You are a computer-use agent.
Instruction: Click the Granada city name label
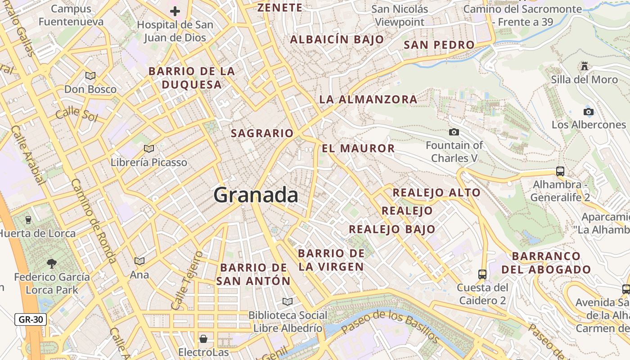click(x=256, y=195)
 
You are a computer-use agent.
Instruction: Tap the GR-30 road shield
click(x=31, y=320)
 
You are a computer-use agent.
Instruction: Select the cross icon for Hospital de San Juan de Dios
click(x=175, y=11)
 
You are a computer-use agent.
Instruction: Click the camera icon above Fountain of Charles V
click(x=454, y=132)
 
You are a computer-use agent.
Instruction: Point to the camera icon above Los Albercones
click(x=588, y=112)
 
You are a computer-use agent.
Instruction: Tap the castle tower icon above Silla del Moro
click(x=585, y=66)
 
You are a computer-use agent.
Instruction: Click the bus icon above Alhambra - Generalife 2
click(x=560, y=171)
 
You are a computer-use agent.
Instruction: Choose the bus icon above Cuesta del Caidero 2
click(x=482, y=274)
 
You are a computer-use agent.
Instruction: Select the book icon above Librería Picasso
click(x=148, y=148)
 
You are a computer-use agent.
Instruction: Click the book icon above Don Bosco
click(x=90, y=76)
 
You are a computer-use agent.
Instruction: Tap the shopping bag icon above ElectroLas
click(x=203, y=338)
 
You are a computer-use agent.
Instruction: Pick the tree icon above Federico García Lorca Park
click(x=52, y=263)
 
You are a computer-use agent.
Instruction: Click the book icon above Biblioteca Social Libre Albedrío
click(x=288, y=301)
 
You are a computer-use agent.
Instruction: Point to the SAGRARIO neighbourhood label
click(x=262, y=133)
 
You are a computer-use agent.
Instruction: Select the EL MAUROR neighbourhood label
click(x=358, y=148)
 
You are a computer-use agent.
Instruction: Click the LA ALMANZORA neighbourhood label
click(x=368, y=99)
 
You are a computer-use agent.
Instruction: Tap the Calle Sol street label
click(x=76, y=114)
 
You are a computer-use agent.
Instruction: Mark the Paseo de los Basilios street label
click(x=390, y=326)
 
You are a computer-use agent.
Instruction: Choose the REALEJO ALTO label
click(x=436, y=193)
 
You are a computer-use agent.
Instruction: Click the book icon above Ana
click(x=139, y=261)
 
